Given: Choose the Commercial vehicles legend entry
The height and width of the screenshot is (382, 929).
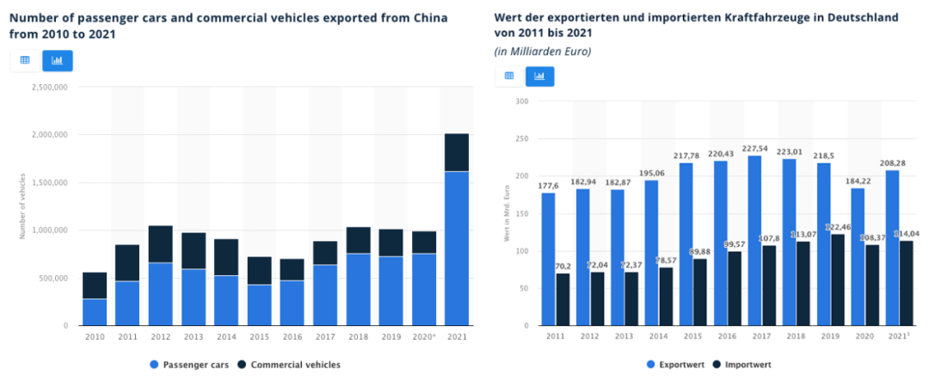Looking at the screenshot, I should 292,365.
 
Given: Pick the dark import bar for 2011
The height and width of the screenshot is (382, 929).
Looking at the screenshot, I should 563,300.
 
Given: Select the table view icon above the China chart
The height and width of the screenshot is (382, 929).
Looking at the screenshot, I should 25,61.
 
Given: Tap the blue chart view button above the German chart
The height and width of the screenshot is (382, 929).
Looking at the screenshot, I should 540,76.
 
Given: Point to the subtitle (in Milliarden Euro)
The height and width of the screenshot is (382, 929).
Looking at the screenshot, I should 542,52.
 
